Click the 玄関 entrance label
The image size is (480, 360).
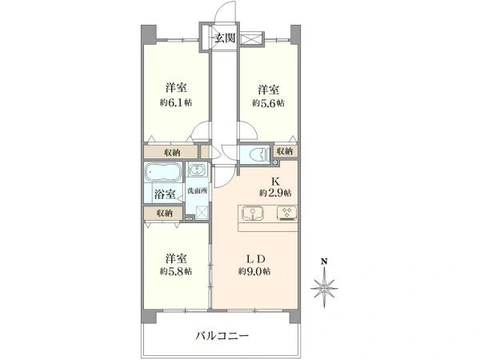pos(225,38)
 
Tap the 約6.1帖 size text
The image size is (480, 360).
pos(176,102)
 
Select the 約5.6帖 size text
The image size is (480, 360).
pos(268,103)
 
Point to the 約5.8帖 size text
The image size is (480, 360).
pos(176,271)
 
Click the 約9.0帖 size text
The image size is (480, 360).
pos(254,271)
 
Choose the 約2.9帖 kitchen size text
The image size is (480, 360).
pos(275,193)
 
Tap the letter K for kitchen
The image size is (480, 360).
pos(275,182)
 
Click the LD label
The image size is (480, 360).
pos(256,259)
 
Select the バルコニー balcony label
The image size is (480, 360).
pos(222,336)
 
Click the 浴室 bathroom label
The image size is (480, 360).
pos(165,194)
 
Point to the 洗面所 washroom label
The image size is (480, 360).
pos(198,190)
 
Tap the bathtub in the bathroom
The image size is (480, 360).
pos(162,172)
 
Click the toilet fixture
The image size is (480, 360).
pos(262,154)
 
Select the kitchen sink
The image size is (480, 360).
pos(252,213)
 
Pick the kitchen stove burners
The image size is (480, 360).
pos(286,213)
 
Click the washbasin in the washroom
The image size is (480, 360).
pos(197,170)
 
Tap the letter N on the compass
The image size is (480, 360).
pos(324,262)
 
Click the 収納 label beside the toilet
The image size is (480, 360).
pos(285,151)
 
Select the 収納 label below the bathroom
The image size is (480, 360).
pos(164,214)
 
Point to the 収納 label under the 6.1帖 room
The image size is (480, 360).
pos(172,153)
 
